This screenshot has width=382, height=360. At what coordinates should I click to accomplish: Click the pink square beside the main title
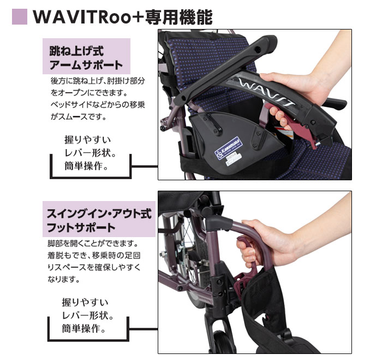(19, 16)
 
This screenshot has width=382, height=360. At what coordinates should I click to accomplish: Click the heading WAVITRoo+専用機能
(122, 16)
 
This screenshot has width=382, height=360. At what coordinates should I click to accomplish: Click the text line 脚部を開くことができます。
(91, 243)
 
